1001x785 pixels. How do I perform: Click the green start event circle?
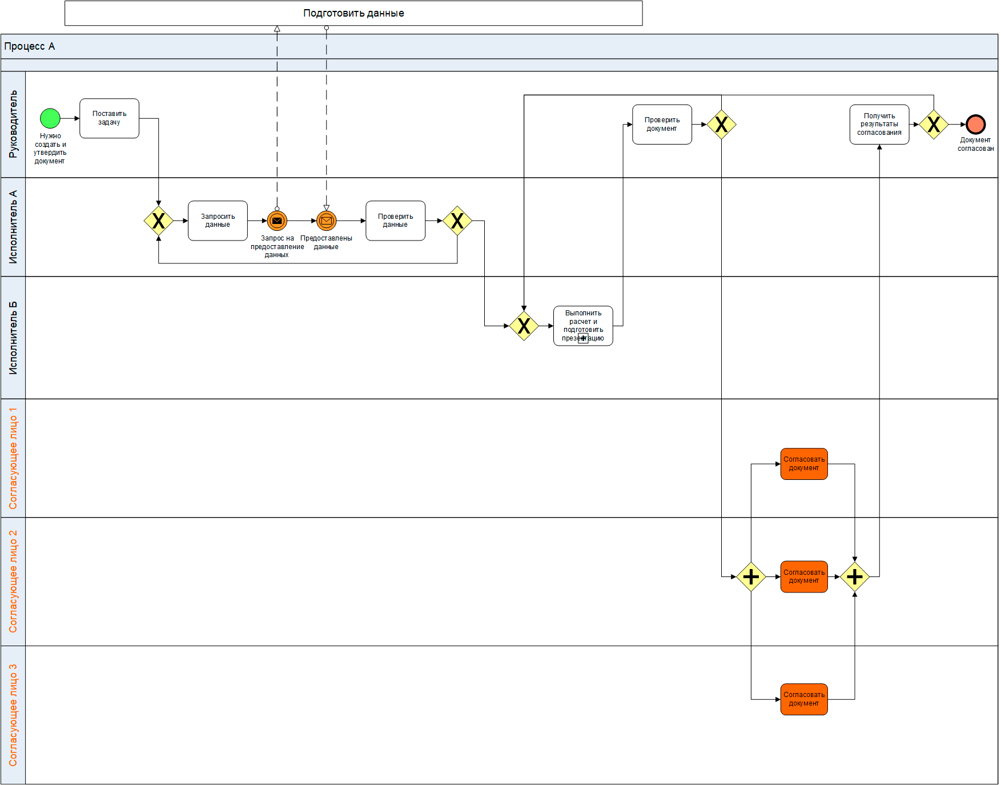(x=50, y=118)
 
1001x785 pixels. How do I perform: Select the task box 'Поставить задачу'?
(x=109, y=118)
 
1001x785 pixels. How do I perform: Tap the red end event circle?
(x=975, y=124)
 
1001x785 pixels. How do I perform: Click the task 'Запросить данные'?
(x=218, y=221)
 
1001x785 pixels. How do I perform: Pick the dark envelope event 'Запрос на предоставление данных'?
(x=277, y=221)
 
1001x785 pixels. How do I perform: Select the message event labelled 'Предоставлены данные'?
(x=326, y=221)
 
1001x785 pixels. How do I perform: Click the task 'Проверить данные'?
(x=395, y=221)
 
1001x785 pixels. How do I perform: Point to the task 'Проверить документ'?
(x=662, y=124)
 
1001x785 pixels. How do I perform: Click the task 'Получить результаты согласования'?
(x=879, y=124)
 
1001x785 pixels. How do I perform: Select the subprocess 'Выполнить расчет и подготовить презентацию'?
(x=583, y=326)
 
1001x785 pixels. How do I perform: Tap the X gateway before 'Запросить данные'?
(x=158, y=221)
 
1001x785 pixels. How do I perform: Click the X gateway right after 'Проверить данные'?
(x=457, y=221)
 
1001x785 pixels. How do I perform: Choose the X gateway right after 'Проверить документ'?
(x=721, y=124)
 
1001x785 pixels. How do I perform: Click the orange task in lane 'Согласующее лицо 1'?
(x=803, y=463)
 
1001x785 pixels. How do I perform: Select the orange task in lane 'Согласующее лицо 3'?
(x=803, y=699)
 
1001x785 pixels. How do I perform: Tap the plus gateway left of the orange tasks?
(x=751, y=576)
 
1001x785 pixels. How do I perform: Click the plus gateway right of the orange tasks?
(x=854, y=576)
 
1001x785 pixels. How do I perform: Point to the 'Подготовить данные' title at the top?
(x=353, y=13)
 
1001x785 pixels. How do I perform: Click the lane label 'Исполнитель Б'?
(x=13, y=338)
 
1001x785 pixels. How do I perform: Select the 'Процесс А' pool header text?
(x=30, y=46)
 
